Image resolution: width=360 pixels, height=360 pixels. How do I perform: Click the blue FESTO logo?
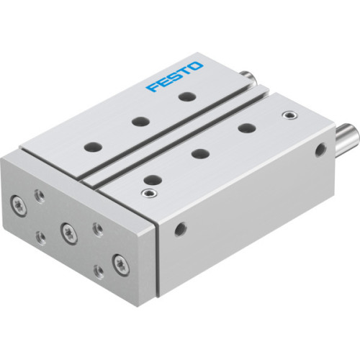(175, 77)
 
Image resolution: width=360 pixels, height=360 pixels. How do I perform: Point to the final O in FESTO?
(197, 66)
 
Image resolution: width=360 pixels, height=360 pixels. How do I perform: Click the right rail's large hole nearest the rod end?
(246, 128)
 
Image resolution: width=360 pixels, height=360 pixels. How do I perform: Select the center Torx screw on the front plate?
(68, 233)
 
